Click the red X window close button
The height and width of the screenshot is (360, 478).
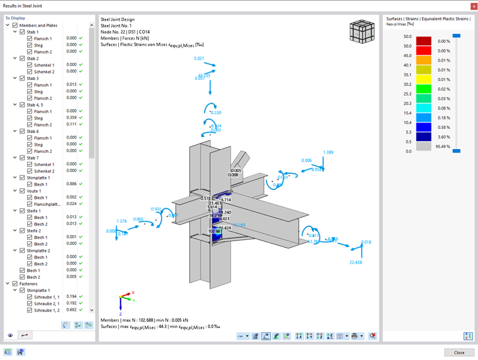point(472,6)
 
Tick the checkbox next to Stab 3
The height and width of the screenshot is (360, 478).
point(23,78)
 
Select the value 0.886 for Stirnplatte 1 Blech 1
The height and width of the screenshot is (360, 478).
point(71,184)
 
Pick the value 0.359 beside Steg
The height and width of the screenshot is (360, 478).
point(71,118)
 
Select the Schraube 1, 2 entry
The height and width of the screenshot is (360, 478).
point(48,310)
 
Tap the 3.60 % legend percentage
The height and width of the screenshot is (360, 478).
point(443,137)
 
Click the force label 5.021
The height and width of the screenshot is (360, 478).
point(199,59)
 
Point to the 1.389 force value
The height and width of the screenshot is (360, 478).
point(328,152)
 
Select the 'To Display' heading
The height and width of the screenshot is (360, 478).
point(16,18)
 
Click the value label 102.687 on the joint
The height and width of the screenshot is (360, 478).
point(216,232)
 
